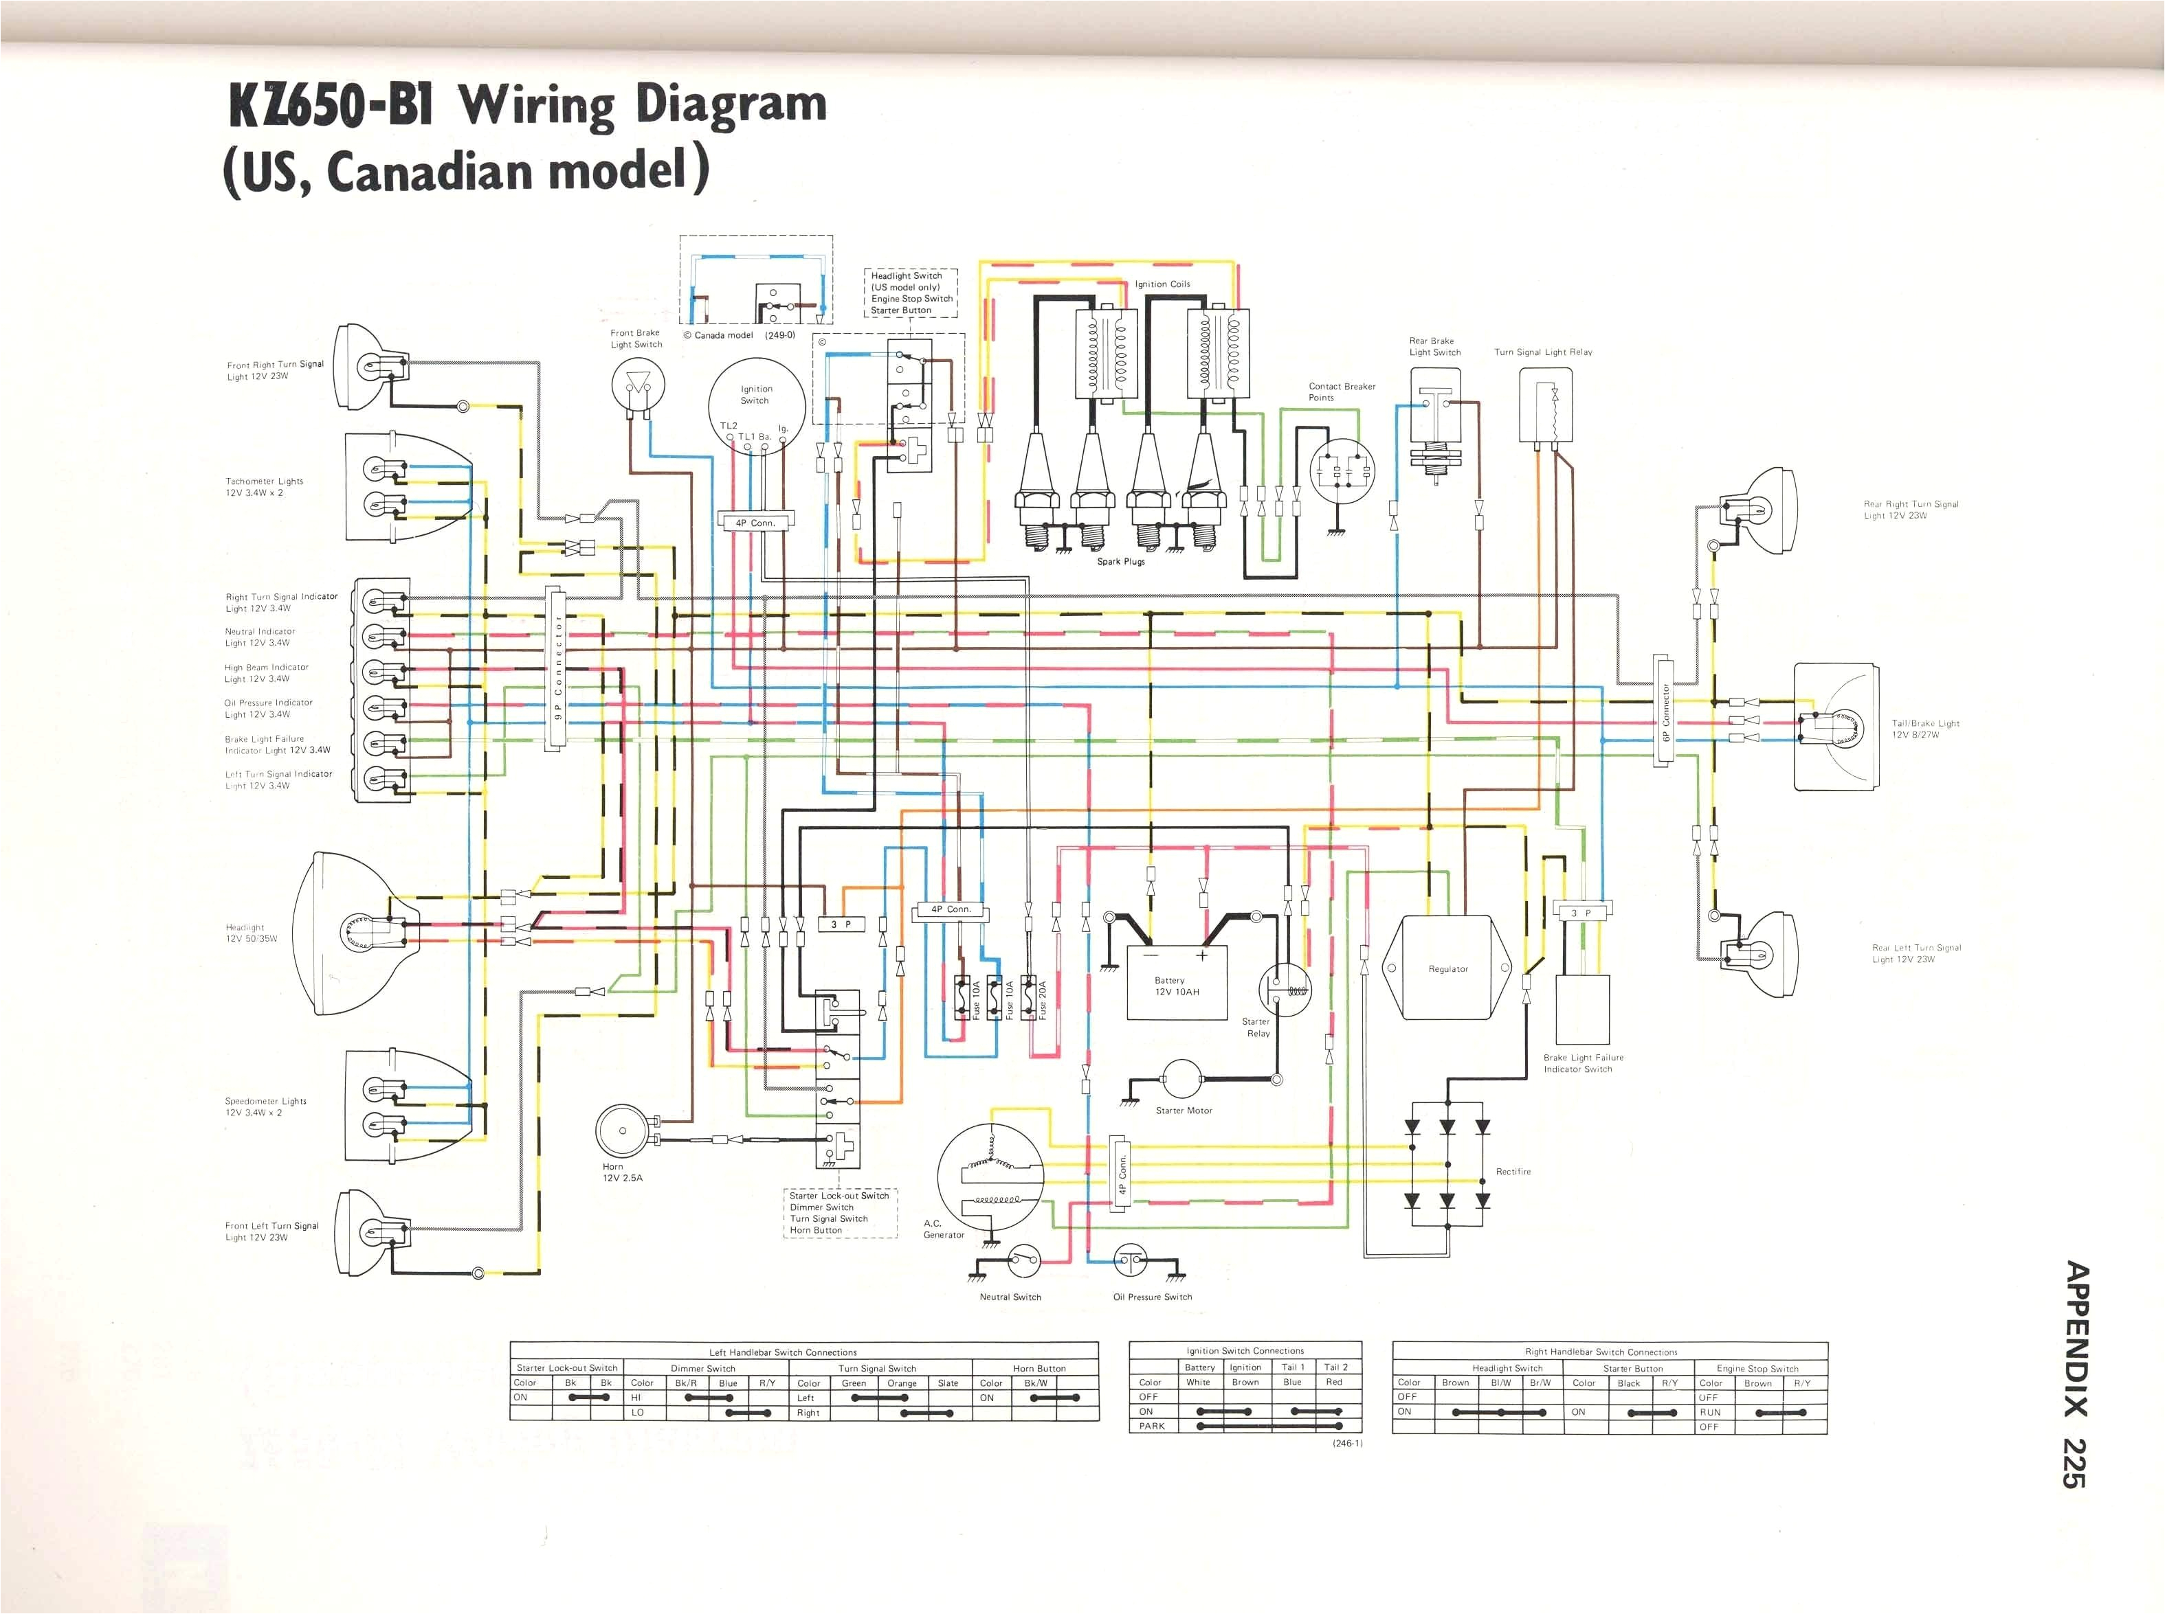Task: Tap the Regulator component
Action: pyautogui.click(x=1447, y=967)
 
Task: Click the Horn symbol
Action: pyautogui.click(x=623, y=1131)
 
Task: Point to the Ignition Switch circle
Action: pyautogui.click(x=757, y=402)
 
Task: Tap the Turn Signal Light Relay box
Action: pyautogui.click(x=1545, y=405)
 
